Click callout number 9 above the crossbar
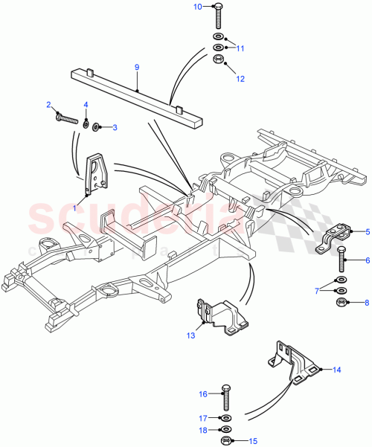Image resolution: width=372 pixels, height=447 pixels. click(137, 68)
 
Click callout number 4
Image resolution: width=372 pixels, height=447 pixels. click(86, 105)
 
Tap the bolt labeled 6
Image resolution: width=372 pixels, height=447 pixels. click(341, 261)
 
